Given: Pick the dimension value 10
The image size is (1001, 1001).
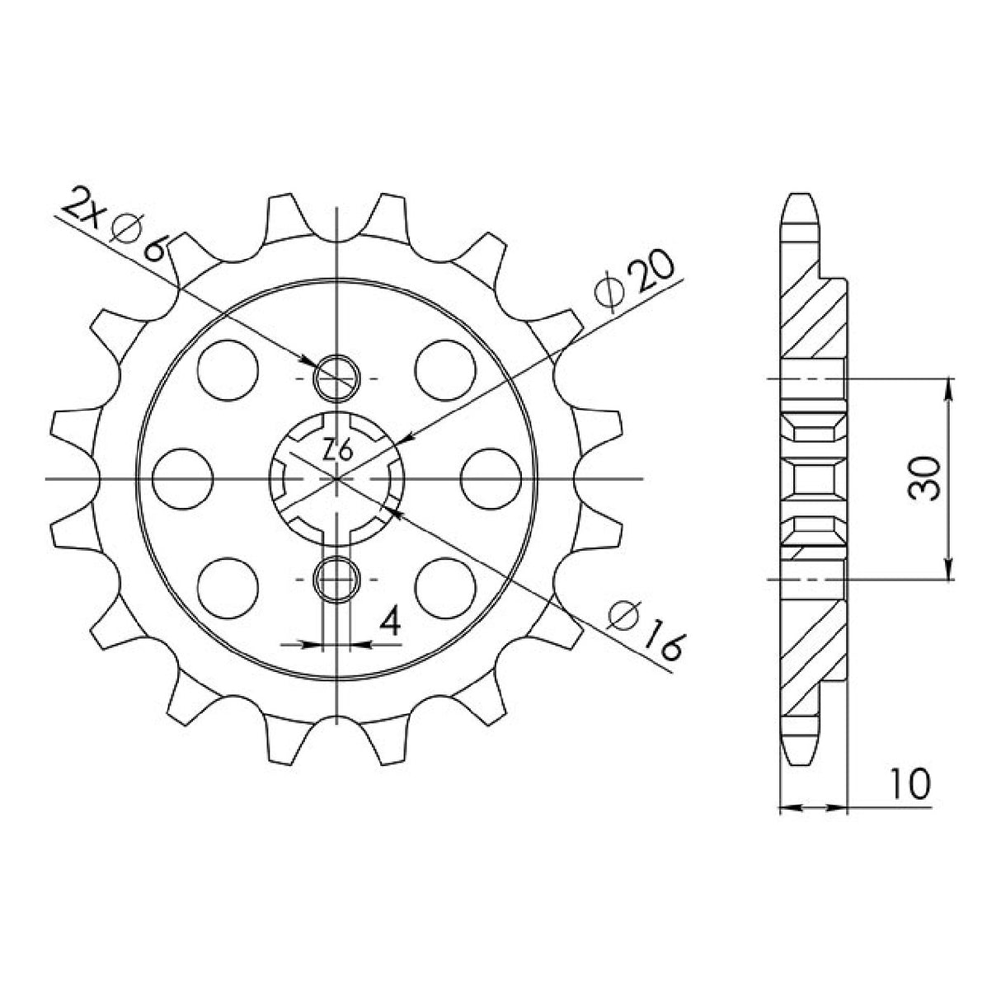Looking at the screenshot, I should coord(910,784).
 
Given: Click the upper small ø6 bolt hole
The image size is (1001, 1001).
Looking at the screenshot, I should coord(336,378).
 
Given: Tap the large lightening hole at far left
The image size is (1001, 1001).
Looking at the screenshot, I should coord(183,478).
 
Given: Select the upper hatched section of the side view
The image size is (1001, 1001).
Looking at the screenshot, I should coord(812,322).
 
